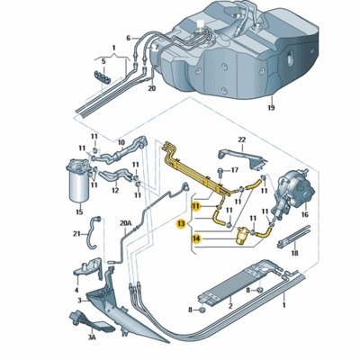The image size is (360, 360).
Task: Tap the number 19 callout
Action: point(269,108)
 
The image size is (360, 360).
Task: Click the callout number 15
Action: point(78,212)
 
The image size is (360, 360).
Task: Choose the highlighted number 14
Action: point(196,238)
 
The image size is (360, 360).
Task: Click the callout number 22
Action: point(241,139)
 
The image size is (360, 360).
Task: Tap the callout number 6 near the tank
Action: point(129,38)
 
